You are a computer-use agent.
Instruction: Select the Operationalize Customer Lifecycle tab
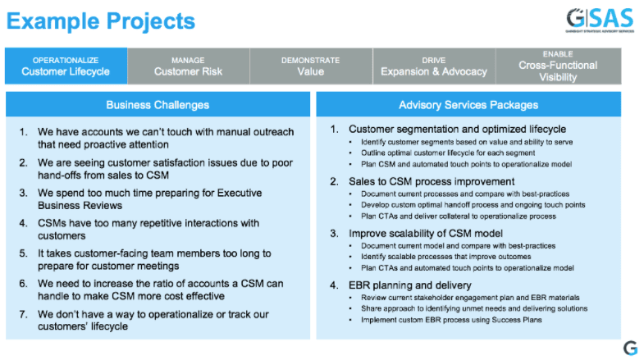point(66,66)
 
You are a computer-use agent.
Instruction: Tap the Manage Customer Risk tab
point(188,66)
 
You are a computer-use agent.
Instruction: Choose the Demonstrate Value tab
point(310,66)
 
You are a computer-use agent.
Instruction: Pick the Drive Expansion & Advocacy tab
point(433,66)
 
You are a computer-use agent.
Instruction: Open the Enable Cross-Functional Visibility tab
point(558,66)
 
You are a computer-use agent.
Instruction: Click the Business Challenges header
point(158,105)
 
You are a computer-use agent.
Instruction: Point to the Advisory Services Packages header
point(468,105)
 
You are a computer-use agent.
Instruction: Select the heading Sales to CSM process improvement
point(432,181)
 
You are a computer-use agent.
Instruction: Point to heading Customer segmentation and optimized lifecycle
point(457,130)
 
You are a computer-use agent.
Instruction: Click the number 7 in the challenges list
point(24,313)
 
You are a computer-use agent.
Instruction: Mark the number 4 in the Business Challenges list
point(24,222)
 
